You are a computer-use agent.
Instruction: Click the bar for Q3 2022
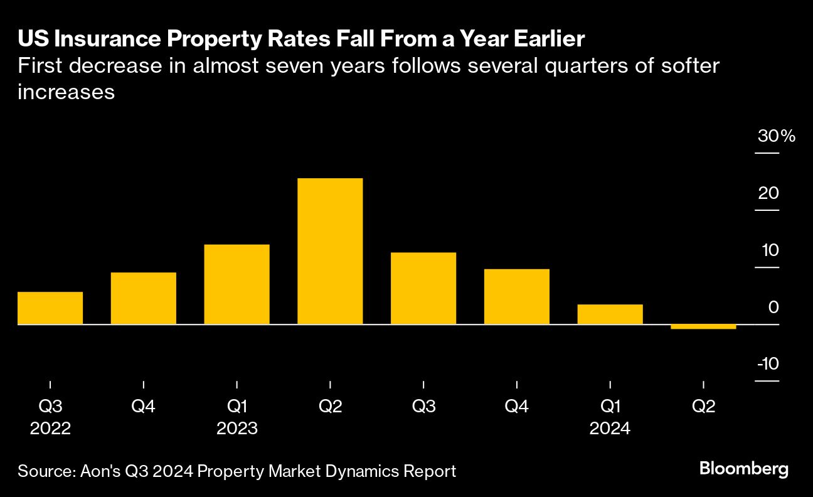50,308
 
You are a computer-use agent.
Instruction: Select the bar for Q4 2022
144,298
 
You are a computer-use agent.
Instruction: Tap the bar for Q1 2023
237,284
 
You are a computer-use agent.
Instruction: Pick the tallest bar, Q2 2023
330,251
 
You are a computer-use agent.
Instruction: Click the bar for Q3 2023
423,288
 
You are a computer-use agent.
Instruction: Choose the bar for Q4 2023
517,296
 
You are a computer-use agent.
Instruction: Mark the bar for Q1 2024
610,314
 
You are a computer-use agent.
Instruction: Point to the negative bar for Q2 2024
703,327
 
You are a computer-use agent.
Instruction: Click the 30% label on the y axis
776,136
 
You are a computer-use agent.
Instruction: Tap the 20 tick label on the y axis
768,193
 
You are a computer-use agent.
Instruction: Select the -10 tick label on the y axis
768,365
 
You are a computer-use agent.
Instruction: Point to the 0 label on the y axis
773,307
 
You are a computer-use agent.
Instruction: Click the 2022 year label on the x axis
50,429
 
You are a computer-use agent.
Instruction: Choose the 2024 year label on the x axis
610,429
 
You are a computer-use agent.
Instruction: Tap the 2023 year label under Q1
237,429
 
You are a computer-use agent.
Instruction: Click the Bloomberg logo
743,469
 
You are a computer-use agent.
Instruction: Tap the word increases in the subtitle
66,92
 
